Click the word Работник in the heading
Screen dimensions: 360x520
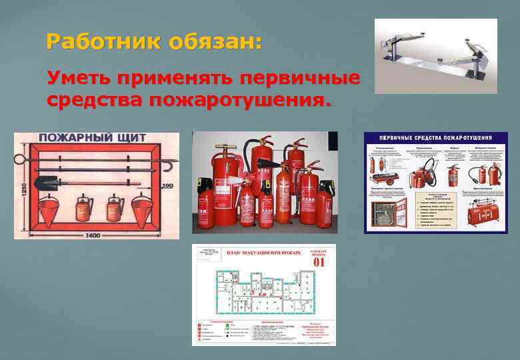[x=93, y=42]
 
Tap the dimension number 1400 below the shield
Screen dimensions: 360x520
[x=97, y=235]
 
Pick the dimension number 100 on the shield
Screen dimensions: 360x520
[x=167, y=186]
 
